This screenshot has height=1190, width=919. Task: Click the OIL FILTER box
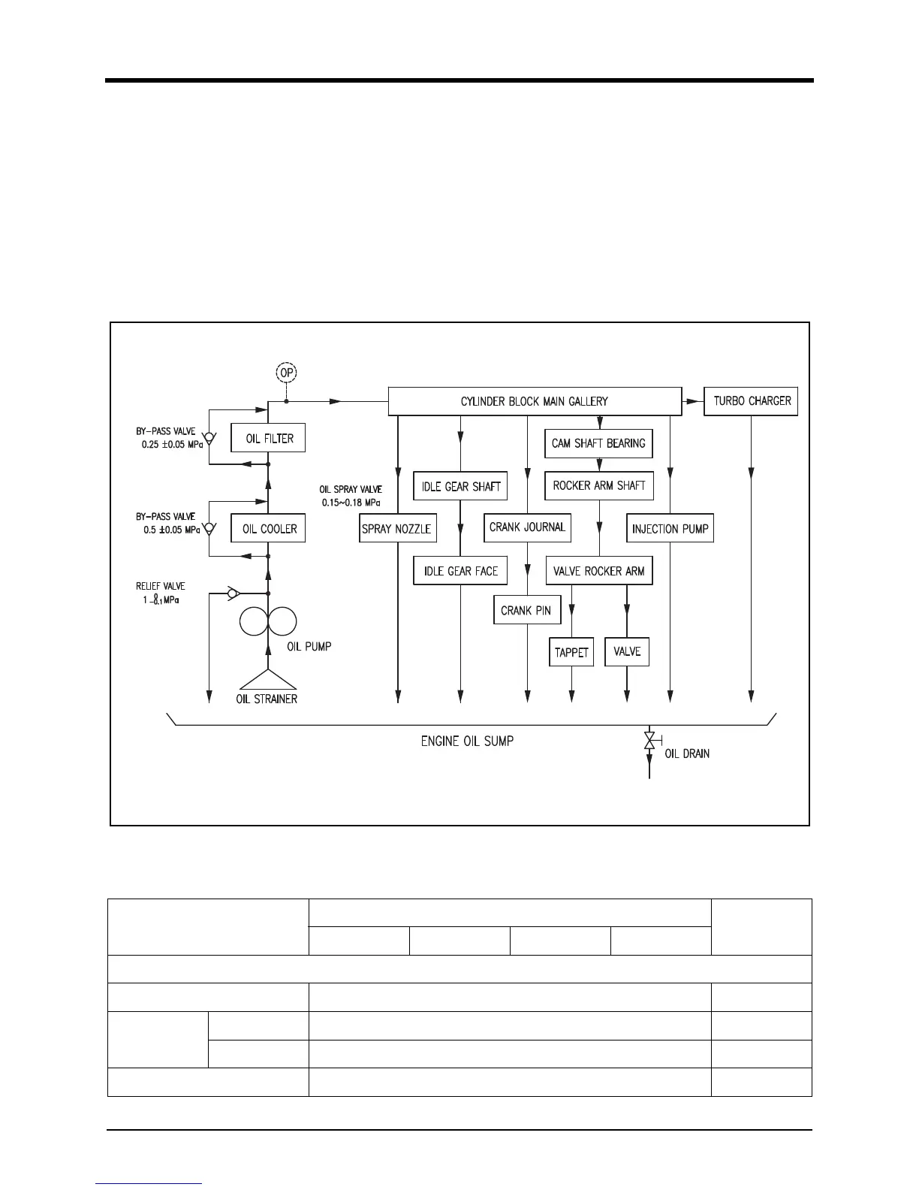[x=268, y=438]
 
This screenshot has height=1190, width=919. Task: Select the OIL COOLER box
[x=268, y=528]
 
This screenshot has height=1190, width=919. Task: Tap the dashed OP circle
[x=286, y=373]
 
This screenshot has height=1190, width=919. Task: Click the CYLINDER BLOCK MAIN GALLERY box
[x=534, y=401]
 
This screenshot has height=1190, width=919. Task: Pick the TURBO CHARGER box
[x=751, y=401]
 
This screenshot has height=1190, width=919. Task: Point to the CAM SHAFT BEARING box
[x=598, y=443]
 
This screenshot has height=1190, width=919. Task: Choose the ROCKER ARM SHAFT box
[x=598, y=485]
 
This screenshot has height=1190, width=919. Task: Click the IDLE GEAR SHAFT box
[x=460, y=486]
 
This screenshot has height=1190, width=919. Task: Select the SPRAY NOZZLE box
[x=396, y=528]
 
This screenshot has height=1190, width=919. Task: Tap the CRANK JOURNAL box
[x=527, y=527]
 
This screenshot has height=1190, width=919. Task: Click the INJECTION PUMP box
[x=670, y=528]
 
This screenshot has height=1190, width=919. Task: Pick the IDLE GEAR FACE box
[x=460, y=571]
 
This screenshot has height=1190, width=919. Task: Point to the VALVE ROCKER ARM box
[x=598, y=571]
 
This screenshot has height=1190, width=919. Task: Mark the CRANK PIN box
[x=526, y=611]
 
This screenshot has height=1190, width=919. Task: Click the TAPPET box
[x=571, y=652]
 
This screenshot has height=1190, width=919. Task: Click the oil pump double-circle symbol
[x=268, y=621]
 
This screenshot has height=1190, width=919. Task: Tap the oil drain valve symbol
[x=649, y=741]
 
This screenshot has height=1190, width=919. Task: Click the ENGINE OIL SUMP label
[x=467, y=741]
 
